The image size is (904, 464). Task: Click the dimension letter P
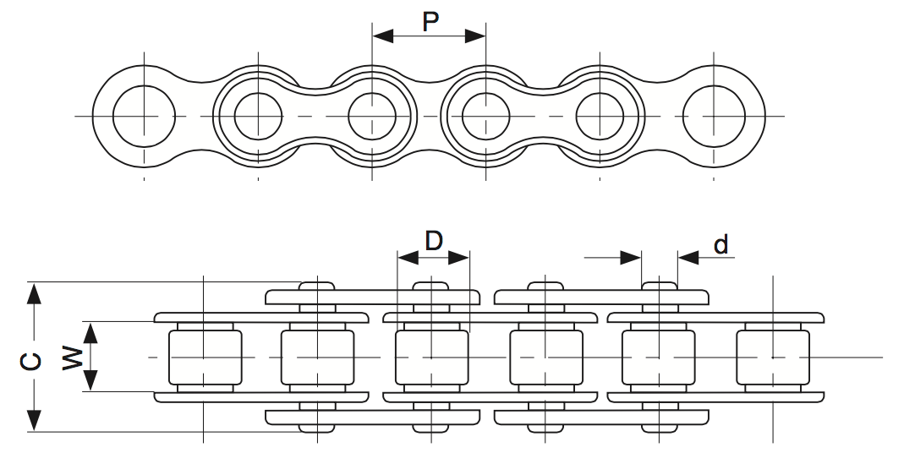coord(430,21)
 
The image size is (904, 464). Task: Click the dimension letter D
coord(433,241)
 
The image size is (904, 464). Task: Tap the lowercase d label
coord(720,245)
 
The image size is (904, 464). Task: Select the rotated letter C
coord(30,361)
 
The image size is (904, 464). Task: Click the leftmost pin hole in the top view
coord(144,115)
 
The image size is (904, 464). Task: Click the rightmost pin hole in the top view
coord(715,115)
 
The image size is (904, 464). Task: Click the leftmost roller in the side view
coord(205,358)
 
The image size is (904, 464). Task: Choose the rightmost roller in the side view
coord(772,358)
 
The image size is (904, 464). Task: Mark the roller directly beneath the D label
coord(431,358)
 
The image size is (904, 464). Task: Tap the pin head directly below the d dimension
coord(659,286)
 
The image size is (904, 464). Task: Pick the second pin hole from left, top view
coord(257,115)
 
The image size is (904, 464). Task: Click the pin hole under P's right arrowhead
coord(486,115)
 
